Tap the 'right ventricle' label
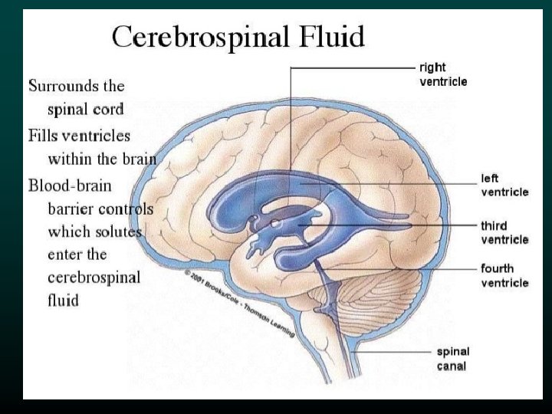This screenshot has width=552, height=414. click(x=443, y=74)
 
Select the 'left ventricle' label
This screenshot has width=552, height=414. click(x=504, y=185)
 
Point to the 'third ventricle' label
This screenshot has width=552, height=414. click(x=504, y=233)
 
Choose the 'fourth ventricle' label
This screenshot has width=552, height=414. click(x=504, y=276)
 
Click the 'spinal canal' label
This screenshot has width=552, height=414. click(x=453, y=359)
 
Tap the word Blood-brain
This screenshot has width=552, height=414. click(x=70, y=186)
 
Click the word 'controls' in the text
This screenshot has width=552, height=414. click(x=128, y=209)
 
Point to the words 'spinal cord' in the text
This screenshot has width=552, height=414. click(x=86, y=110)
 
